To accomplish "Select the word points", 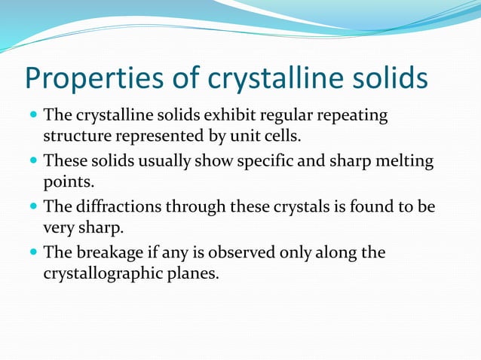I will click(x=69, y=183).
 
